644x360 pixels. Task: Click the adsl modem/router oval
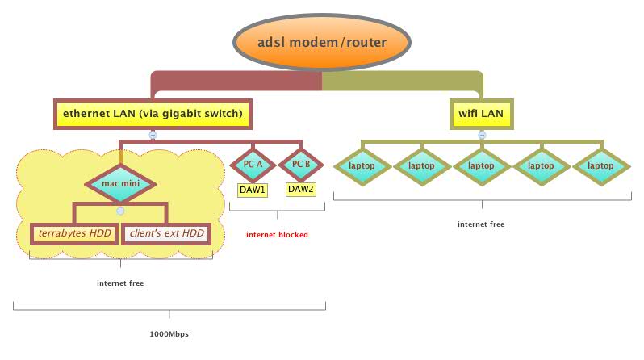point(322,41)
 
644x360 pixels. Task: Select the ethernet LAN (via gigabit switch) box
point(153,114)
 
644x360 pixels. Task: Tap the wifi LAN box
point(482,114)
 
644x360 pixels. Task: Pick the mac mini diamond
point(120,183)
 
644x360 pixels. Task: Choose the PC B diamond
point(300,165)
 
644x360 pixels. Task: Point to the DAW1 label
point(253,190)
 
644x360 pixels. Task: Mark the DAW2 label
point(300,190)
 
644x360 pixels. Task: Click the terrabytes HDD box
point(73,234)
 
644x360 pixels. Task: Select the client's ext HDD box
point(165,234)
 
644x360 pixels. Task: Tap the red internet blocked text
point(277,235)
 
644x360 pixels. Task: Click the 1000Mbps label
point(169,333)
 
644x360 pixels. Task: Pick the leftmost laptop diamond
point(362,165)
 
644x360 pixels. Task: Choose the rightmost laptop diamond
point(601,165)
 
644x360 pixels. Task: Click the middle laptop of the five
point(482,165)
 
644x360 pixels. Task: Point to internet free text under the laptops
point(481,224)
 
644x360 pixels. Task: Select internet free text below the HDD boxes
point(120,283)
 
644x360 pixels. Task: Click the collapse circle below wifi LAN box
point(482,135)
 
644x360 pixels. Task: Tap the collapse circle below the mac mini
point(120,211)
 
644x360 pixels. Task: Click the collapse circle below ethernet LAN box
point(153,135)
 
